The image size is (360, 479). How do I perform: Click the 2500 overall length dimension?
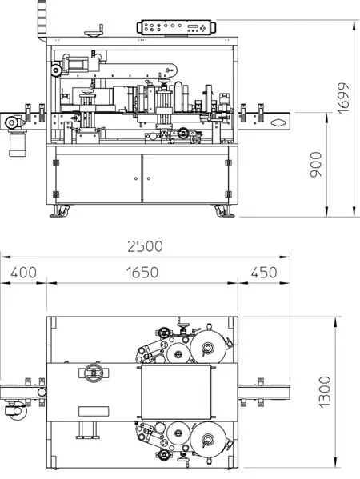click(145, 246)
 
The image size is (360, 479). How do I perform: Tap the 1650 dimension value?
click(142, 273)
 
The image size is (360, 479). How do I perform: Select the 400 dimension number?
click(23, 273)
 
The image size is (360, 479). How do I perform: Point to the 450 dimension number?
click(264, 273)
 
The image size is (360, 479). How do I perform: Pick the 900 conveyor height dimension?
click(316, 165)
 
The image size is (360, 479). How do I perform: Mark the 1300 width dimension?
click(325, 392)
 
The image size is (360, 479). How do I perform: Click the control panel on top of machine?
click(176, 27)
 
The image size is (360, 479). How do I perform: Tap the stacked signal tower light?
click(42, 20)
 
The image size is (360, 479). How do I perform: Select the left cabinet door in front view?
click(98, 178)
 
